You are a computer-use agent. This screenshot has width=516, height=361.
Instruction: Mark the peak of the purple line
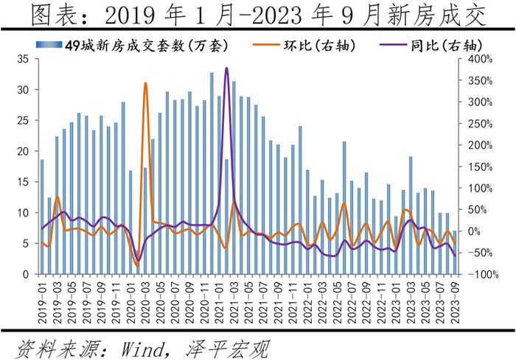(226, 68)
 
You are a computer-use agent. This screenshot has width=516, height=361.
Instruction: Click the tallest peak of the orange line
(145, 83)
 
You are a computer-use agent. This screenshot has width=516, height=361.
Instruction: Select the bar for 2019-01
(42, 217)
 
